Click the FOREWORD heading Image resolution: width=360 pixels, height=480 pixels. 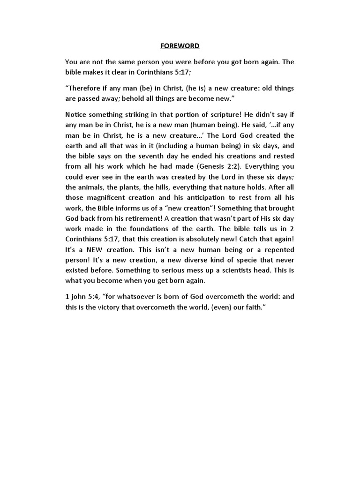[180, 46]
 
